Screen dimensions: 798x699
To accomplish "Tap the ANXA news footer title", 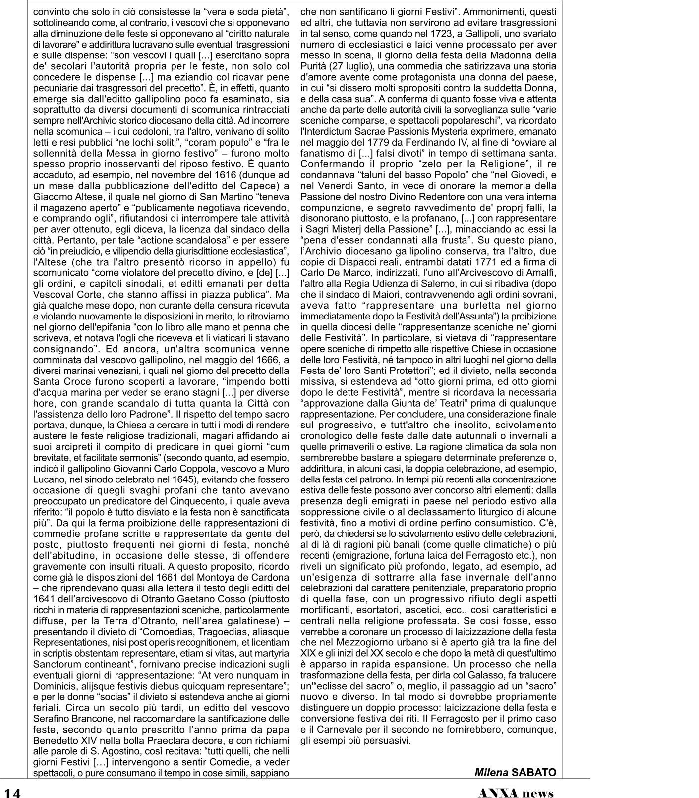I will (516, 792).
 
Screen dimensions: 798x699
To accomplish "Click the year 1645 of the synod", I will (182, 479).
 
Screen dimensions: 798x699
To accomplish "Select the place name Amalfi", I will (541, 273).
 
